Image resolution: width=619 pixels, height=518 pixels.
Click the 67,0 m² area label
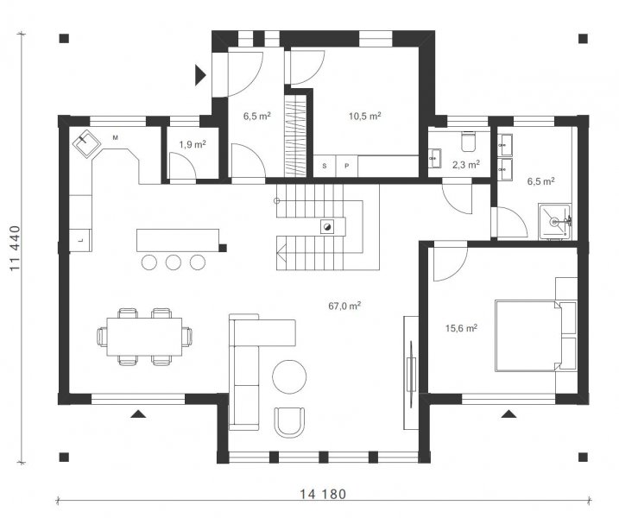click(344, 306)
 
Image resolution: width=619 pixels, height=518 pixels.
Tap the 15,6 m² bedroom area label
click(461, 328)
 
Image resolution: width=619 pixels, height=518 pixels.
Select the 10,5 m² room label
click(364, 116)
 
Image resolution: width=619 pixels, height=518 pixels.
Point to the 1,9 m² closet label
click(193, 144)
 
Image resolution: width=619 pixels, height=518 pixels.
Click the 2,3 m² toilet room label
click(466, 165)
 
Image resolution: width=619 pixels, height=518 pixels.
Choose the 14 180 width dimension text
click(323, 495)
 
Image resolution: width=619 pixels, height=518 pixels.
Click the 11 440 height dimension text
click(15, 248)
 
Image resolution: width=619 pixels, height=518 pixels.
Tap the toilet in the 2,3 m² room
click(469, 142)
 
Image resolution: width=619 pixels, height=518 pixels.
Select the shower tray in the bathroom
click(554, 222)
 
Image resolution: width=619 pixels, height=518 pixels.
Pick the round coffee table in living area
click(289, 376)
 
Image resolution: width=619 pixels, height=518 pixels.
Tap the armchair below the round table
click(289, 422)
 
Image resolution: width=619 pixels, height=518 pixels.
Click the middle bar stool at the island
click(174, 262)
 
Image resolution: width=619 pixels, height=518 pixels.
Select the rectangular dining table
click(144, 337)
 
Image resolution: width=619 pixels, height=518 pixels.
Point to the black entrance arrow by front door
click(200, 75)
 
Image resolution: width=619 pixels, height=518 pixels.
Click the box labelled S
click(325, 167)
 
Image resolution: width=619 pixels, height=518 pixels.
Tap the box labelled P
click(346, 167)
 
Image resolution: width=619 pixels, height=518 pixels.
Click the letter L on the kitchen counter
click(80, 240)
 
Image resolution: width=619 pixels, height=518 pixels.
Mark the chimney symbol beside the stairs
click(327, 226)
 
